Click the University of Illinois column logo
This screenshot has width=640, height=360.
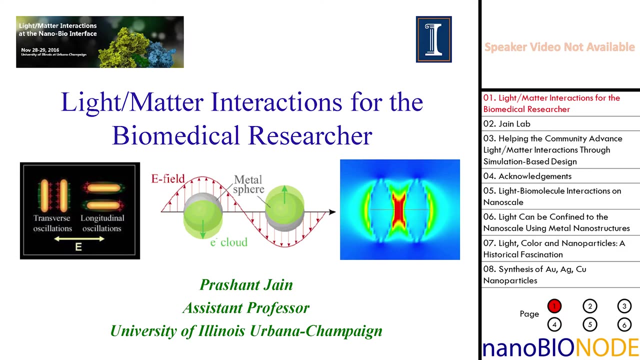coord(433,39)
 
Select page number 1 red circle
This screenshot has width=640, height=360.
coord(554,306)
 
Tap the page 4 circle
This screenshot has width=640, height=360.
coord(554,324)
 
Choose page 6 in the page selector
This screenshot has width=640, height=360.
coord(624,324)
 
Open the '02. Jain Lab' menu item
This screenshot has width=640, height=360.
coord(507,123)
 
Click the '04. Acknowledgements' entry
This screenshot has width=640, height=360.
coord(527,176)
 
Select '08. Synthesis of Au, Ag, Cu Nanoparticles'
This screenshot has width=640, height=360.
coord(534,274)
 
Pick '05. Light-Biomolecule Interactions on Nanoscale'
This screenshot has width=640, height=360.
coord(552,196)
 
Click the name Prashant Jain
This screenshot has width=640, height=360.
coord(246,284)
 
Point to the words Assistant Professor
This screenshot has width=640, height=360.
coord(246,308)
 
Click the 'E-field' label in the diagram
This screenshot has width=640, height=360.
coord(168,178)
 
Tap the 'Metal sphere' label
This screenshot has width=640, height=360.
coord(248,184)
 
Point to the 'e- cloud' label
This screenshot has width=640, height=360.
coord(228,242)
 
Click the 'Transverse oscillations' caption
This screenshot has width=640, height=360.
coord(52,223)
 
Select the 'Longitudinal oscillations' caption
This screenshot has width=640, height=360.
coord(102,223)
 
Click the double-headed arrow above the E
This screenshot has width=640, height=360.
coord(79,238)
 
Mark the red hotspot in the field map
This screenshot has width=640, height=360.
coord(398,209)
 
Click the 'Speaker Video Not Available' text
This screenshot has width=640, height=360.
coord(559,47)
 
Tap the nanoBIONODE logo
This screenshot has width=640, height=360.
coord(560,347)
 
